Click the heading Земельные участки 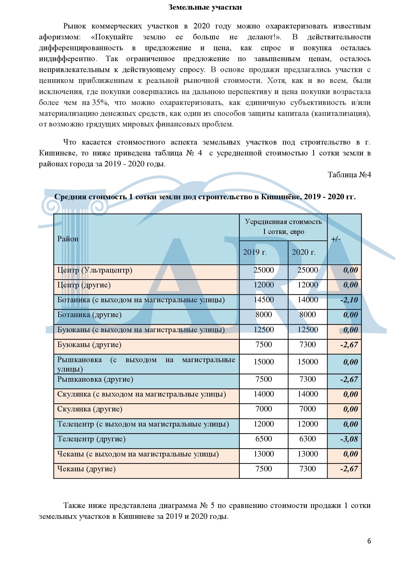[x=205, y=7]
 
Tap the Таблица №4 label [x=349, y=175]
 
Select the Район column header [x=68, y=239]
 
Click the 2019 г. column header [x=255, y=252]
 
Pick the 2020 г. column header [x=304, y=252]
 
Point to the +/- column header [x=336, y=239]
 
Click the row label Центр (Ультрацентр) [x=95, y=270]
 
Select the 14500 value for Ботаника [x=263, y=300]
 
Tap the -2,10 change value [x=349, y=300]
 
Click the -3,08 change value [x=349, y=439]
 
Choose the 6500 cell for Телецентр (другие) [x=263, y=439]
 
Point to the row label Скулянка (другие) [x=90, y=409]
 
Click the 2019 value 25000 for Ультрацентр [x=263, y=270]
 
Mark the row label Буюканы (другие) [x=89, y=345]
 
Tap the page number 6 [x=369, y=541]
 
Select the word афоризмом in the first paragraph [x=60, y=37]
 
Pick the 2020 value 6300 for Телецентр [x=307, y=439]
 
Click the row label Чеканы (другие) [x=86, y=469]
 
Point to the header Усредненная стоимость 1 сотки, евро [x=283, y=227]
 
